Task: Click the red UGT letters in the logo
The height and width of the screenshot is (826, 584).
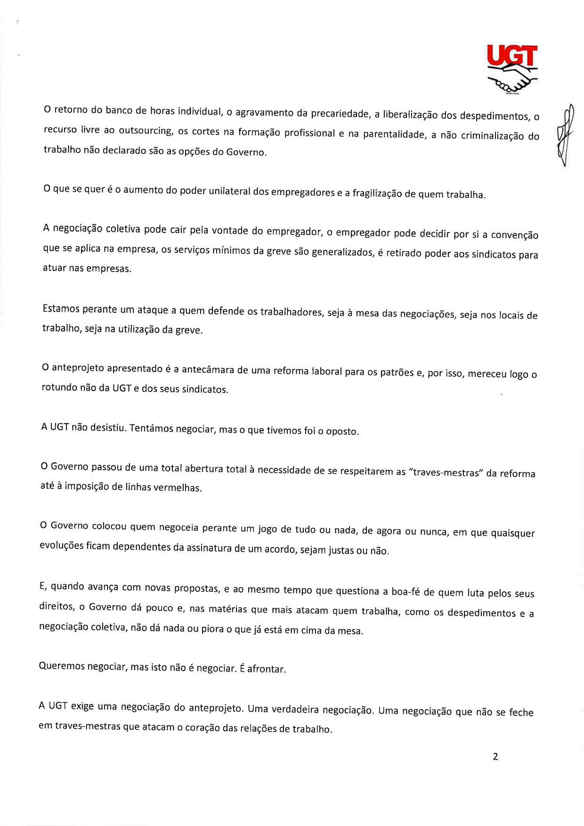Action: (512, 56)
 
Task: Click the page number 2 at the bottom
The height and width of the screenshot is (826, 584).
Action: (495, 757)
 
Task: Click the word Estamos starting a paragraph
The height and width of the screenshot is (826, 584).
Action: (61, 309)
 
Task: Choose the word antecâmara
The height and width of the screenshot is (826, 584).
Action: (208, 370)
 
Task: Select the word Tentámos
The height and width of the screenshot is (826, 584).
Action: (148, 429)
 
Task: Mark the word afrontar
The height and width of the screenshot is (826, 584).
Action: (267, 669)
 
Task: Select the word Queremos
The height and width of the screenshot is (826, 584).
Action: (62, 666)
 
